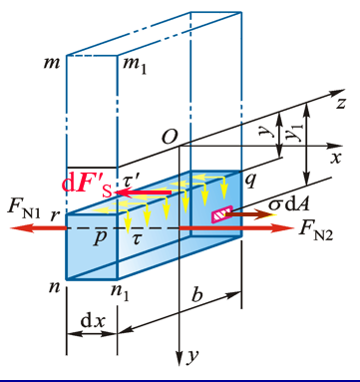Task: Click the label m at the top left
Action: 52,63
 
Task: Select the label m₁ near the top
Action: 135,65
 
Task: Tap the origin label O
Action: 170,137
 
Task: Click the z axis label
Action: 340,103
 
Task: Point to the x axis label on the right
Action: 336,159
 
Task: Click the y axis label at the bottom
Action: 192,356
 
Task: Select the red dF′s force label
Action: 87,187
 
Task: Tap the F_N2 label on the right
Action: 316,230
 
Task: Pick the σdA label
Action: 289,204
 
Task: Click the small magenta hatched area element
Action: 221,214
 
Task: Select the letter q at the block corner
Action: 250,181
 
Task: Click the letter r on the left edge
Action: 54,215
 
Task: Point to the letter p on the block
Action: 100,238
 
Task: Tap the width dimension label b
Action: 196,294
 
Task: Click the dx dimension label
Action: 93,321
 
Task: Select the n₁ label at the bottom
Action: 120,293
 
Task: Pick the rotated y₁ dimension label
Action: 292,134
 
